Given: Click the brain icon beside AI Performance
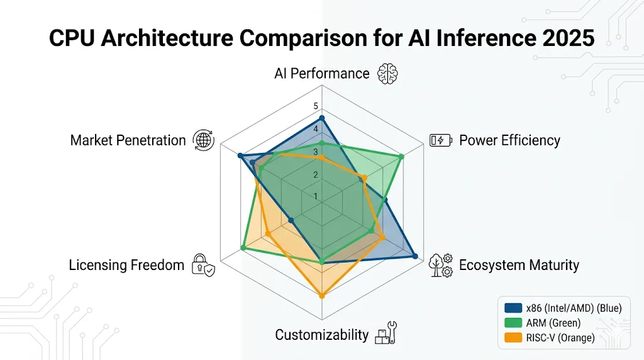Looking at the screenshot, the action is [387, 74].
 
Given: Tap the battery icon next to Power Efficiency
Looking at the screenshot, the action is [440, 140].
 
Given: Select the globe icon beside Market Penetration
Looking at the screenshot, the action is [204, 140].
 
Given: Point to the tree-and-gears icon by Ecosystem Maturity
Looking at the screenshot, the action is [440, 265].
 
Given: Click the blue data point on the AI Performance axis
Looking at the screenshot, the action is [322, 118].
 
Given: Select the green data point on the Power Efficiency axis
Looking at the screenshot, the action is [401, 156].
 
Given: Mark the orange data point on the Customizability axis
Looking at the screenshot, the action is [322, 295].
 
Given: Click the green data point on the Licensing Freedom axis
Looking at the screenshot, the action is [243, 247].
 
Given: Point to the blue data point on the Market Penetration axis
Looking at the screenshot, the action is [240, 155].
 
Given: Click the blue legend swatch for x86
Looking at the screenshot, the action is [513, 308].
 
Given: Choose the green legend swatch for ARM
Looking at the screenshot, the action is [513, 323].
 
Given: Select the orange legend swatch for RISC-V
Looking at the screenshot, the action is [513, 337].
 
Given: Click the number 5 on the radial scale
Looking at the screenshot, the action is [316, 106].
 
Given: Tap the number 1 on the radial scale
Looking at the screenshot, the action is [316, 196].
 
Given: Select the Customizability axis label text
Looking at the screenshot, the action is [321, 334].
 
